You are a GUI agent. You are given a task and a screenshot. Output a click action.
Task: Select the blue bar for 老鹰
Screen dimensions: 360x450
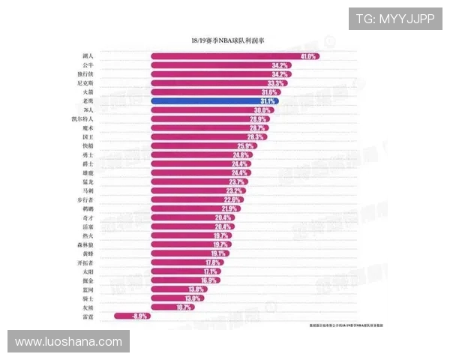click(x=214, y=100)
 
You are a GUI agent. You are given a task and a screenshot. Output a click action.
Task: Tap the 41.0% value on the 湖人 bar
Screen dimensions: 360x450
click(x=307, y=56)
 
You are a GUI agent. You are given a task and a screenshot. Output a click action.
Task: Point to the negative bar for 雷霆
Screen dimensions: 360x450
click(x=132, y=316)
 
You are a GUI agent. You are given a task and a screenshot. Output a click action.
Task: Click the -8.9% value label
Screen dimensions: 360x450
click(x=139, y=316)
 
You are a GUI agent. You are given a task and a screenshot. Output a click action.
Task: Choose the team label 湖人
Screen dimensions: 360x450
click(x=88, y=56)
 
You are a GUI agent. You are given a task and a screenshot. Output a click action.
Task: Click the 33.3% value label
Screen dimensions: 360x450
click(x=275, y=83)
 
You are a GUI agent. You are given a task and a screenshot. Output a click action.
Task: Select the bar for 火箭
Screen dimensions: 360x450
click(x=210, y=92)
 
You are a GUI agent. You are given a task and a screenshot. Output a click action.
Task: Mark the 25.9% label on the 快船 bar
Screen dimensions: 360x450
click(x=245, y=146)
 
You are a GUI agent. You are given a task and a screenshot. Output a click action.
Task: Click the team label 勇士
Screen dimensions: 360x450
click(x=88, y=155)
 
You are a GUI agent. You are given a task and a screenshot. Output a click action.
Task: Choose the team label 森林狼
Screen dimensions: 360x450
click(x=85, y=244)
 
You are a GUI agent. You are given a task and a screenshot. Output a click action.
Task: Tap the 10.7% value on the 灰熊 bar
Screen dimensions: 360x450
click(x=184, y=307)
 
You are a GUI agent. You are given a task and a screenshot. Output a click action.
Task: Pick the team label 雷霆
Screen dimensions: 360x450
click(x=88, y=316)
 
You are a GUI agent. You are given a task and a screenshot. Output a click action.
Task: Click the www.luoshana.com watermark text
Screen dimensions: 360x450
click(x=68, y=342)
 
